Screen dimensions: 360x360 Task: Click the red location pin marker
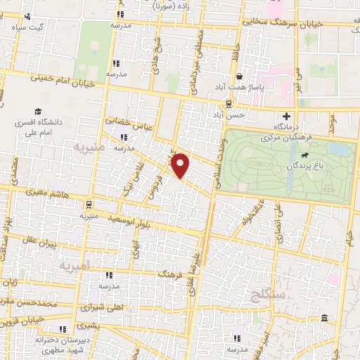(x=181, y=165)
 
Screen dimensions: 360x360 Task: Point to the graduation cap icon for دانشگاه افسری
(x=37, y=111)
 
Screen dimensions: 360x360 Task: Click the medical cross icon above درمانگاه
(x=286, y=116)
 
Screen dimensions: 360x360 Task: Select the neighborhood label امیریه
(x=75, y=266)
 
